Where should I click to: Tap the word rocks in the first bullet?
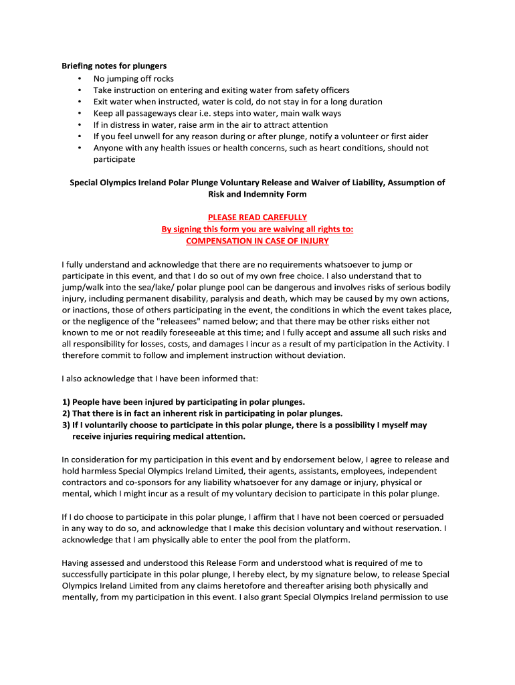pyautogui.click(x=163, y=78)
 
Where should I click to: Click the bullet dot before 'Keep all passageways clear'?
pyautogui.click(x=80, y=113)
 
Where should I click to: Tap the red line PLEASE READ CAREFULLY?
pyautogui.click(x=257, y=217)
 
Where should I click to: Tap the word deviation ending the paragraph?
pyautogui.click(x=325, y=355)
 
